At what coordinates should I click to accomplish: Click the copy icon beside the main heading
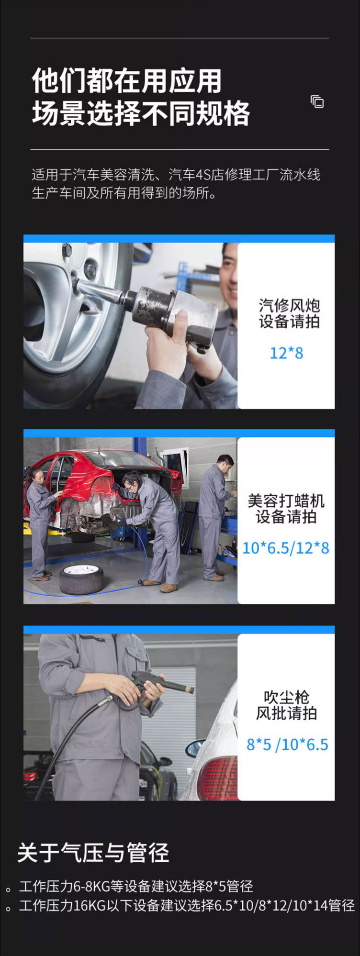coord(317,102)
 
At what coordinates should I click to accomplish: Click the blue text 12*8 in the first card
coord(286,353)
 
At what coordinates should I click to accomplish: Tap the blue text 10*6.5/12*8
coord(286,548)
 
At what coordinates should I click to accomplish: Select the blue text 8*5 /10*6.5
coord(287,745)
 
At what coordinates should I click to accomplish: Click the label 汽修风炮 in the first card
coord(289,305)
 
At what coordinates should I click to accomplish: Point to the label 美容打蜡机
coord(286,501)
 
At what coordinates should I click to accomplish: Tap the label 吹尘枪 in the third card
coord(286,697)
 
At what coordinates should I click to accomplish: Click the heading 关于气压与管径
coord(93,853)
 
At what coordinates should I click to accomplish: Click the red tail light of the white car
coord(218,778)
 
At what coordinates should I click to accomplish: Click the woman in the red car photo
coord(40,522)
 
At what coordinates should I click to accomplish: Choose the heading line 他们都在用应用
coord(127,81)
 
